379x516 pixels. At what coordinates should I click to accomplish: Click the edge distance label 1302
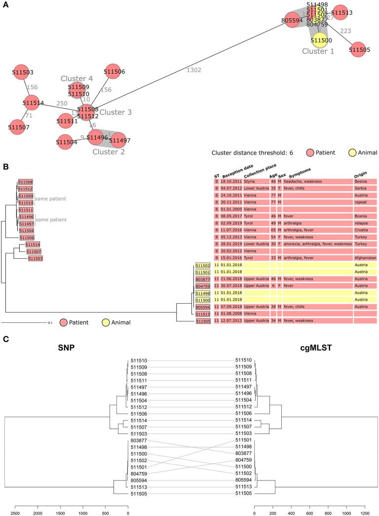pos(193,71)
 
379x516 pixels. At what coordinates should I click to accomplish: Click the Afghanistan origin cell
pos(365,258)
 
